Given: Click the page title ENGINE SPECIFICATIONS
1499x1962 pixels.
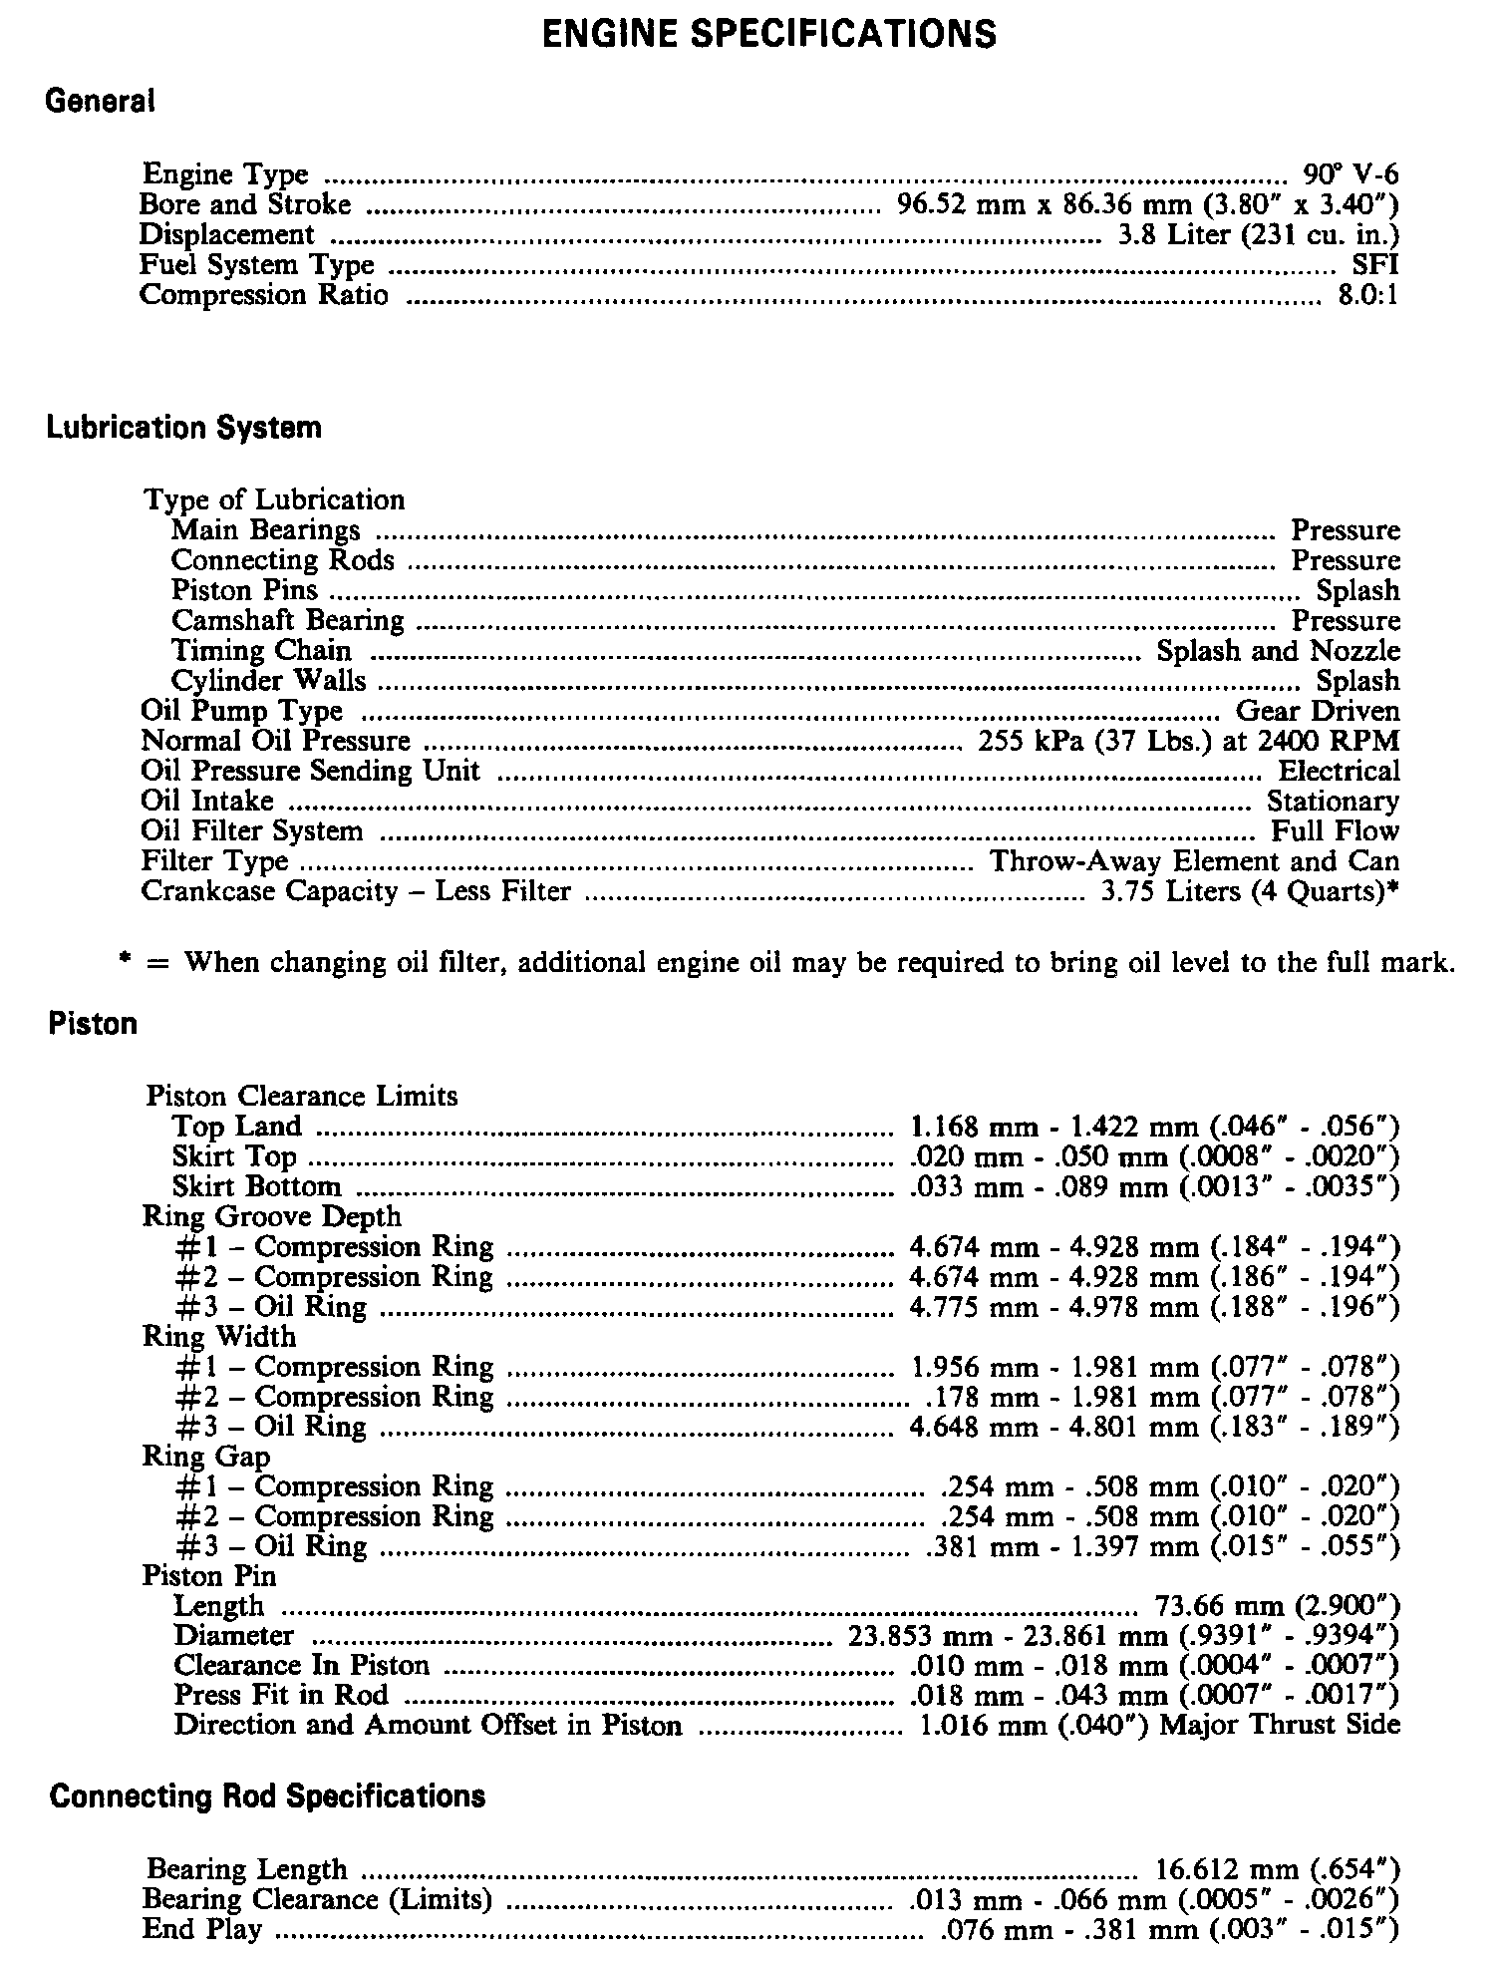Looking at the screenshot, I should pyautogui.click(x=768, y=34).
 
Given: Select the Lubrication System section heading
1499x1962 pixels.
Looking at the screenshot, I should pyautogui.click(x=184, y=428).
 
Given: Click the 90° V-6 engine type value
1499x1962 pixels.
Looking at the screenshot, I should pyautogui.click(x=1350, y=175).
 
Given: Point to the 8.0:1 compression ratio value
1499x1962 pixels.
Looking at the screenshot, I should pyautogui.click(x=1367, y=296).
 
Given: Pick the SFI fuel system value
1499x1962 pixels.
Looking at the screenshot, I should pyautogui.click(x=1374, y=266).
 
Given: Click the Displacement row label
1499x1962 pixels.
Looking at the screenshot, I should pyautogui.click(x=226, y=235).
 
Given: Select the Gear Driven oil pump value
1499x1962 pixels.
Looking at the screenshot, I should pyautogui.click(x=1318, y=711).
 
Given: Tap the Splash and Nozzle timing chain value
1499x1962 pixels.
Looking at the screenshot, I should pyautogui.click(x=1278, y=651).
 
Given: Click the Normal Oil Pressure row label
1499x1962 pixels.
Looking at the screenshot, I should pyautogui.click(x=276, y=741).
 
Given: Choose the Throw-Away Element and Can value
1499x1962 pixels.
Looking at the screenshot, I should pyautogui.click(x=1194, y=861).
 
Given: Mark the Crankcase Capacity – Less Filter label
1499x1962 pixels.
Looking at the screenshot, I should pyautogui.click(x=356, y=891).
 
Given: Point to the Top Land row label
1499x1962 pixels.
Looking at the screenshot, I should pyautogui.click(x=236, y=1127).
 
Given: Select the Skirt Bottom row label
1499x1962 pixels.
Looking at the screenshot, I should pyautogui.click(x=256, y=1186).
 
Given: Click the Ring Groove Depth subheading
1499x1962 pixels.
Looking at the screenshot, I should pyautogui.click(x=271, y=1216).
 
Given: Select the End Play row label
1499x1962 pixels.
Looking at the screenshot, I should pyautogui.click(x=202, y=1930).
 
